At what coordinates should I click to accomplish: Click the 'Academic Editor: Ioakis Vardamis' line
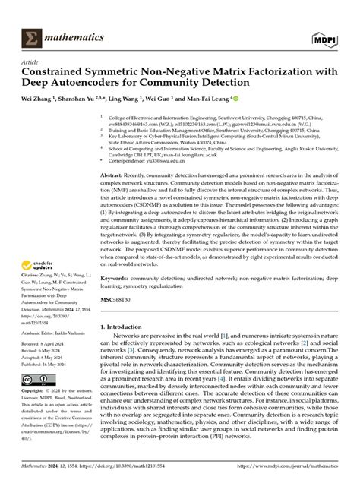(x=52, y=332)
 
